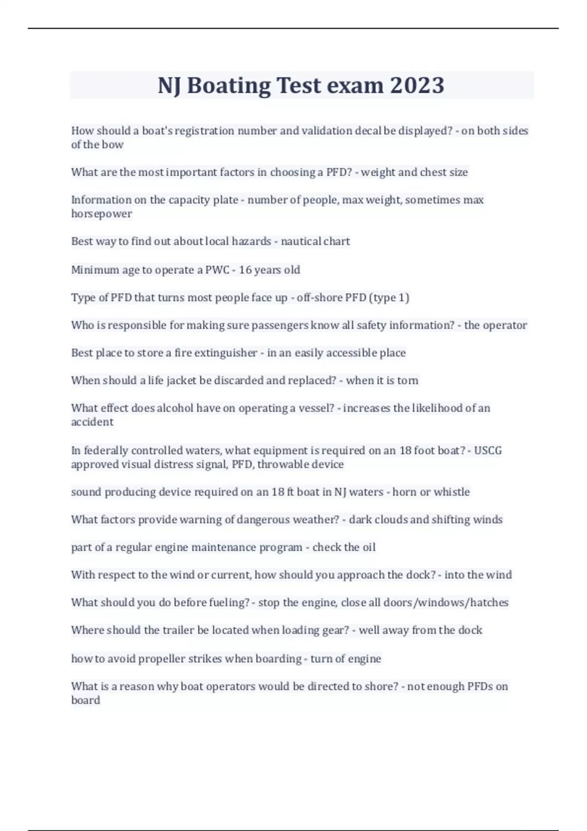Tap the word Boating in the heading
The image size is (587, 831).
tap(228, 86)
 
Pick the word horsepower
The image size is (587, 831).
tap(101, 214)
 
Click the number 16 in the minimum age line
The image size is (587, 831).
tap(245, 270)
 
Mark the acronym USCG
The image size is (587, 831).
tap(488, 450)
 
